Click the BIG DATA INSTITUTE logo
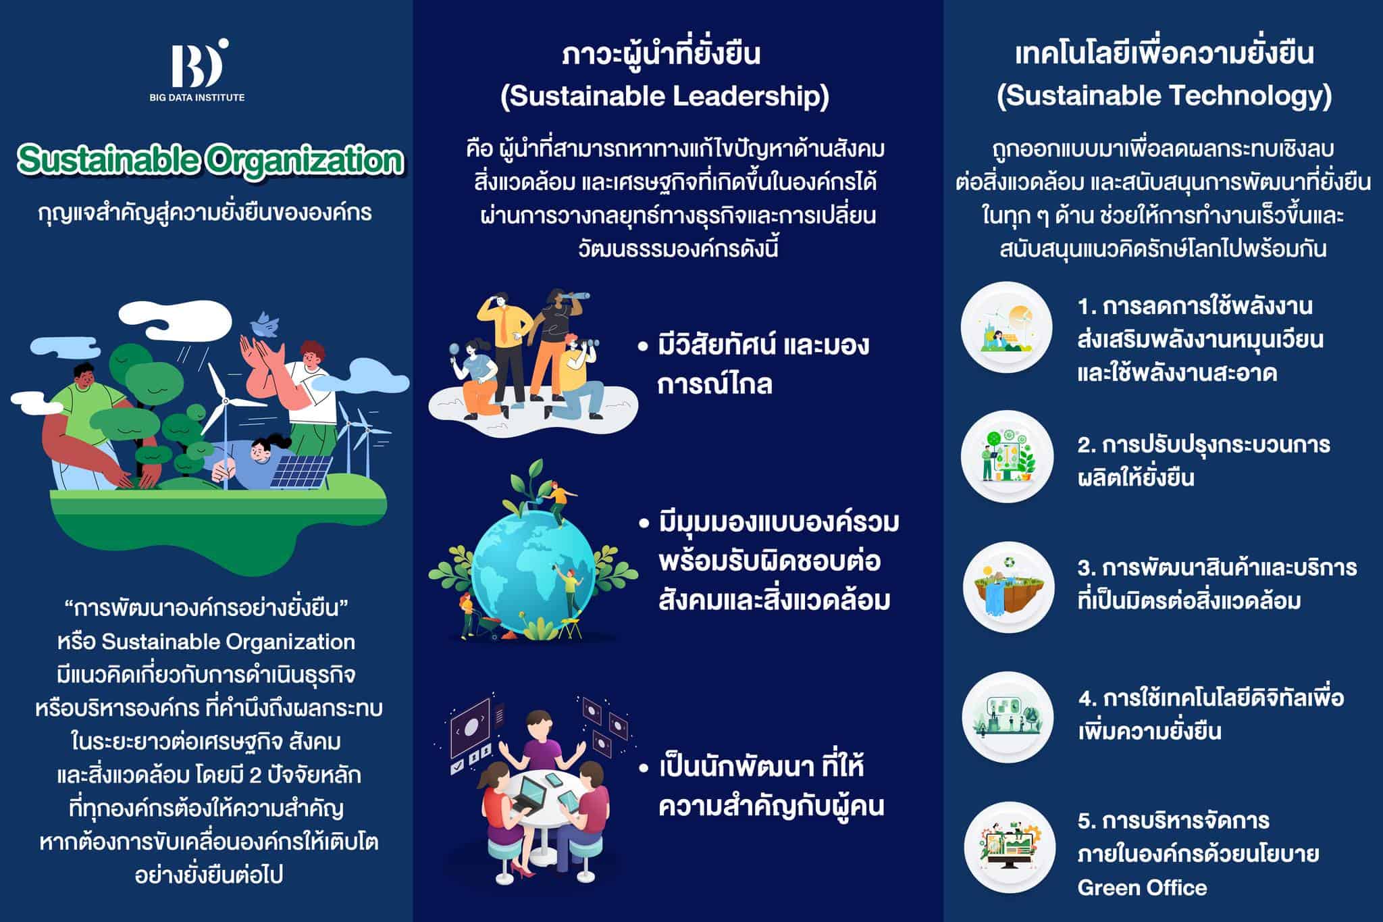[197, 70]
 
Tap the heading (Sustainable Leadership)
[664, 97]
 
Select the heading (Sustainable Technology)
[1164, 96]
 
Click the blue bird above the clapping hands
[265, 325]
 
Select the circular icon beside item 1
[1006, 328]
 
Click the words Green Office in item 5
[1142, 888]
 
